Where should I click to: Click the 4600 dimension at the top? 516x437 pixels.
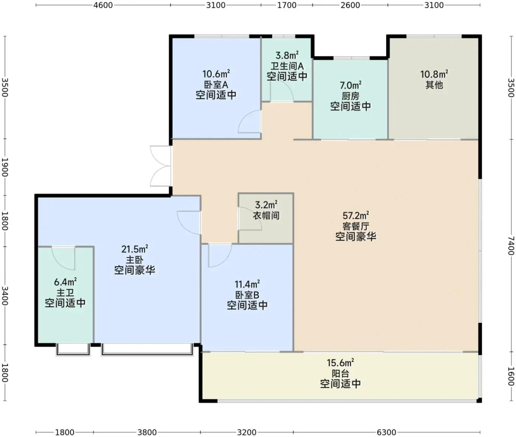click(103, 5)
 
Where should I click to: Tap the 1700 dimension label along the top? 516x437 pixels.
click(287, 5)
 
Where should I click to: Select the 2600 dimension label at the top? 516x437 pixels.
click(350, 5)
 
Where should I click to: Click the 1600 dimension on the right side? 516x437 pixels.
click(511, 376)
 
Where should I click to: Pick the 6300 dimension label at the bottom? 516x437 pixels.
click(386, 432)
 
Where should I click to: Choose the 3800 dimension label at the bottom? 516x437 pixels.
click(147, 432)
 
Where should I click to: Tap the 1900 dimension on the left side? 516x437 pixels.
click(5, 167)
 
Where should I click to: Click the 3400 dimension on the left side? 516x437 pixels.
click(5, 296)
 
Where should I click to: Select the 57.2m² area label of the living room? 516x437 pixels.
click(356, 216)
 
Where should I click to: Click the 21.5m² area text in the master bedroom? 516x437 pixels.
click(135, 249)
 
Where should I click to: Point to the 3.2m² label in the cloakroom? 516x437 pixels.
click(266, 205)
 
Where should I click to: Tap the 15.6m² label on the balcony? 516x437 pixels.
click(341, 363)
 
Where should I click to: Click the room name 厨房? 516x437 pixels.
click(351, 96)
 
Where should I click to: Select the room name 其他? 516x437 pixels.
click(434, 85)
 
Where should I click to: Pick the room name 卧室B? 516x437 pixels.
click(247, 295)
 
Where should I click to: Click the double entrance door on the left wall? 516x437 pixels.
click(161, 166)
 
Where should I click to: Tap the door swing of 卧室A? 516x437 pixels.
click(249, 122)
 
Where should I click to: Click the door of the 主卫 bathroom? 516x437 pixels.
click(63, 258)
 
